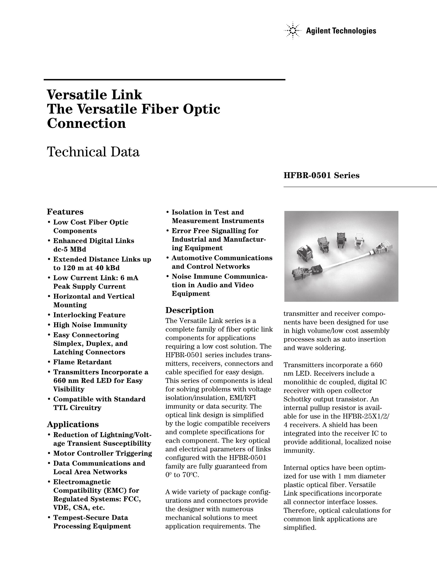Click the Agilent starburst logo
coord(293,31)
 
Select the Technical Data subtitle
coord(93,152)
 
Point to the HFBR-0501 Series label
coord(321,176)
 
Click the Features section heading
coord(65,212)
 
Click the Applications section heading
coord(73,424)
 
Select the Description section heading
coord(190,310)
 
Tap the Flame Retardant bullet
coord(82,362)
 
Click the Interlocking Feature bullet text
coord(89,315)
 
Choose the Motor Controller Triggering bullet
coord(103,453)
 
